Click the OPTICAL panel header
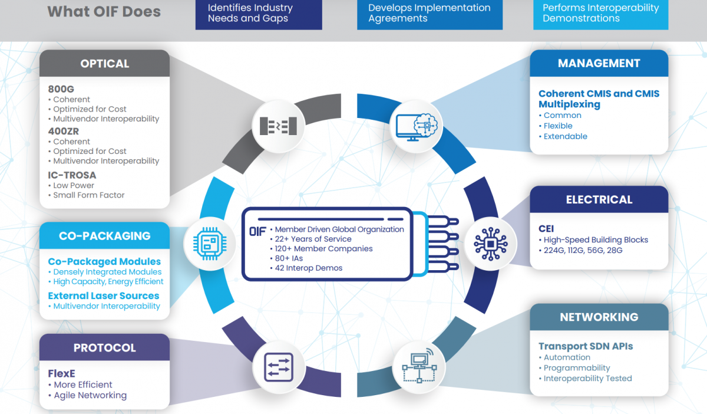pos(104,63)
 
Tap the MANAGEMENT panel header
pos(599,63)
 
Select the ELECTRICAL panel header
pos(599,199)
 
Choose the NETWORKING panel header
pos(599,317)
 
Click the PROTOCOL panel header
pos(104,347)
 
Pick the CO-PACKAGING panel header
pos(104,236)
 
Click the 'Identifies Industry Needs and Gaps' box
pos(259,14)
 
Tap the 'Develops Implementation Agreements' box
pos(430,14)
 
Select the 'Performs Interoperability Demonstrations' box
pos(600,14)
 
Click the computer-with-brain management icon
pos(417,127)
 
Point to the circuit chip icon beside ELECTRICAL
pos(490,244)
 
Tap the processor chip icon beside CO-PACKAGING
pos(210,244)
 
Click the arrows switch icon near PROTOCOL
pos(278,367)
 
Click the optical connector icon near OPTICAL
pos(278,126)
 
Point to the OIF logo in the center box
pos(257,231)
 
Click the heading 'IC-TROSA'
pos(72,175)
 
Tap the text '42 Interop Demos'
pos(308,268)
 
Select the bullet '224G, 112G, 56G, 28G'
pos(583,251)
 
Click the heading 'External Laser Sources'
pos(104,296)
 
